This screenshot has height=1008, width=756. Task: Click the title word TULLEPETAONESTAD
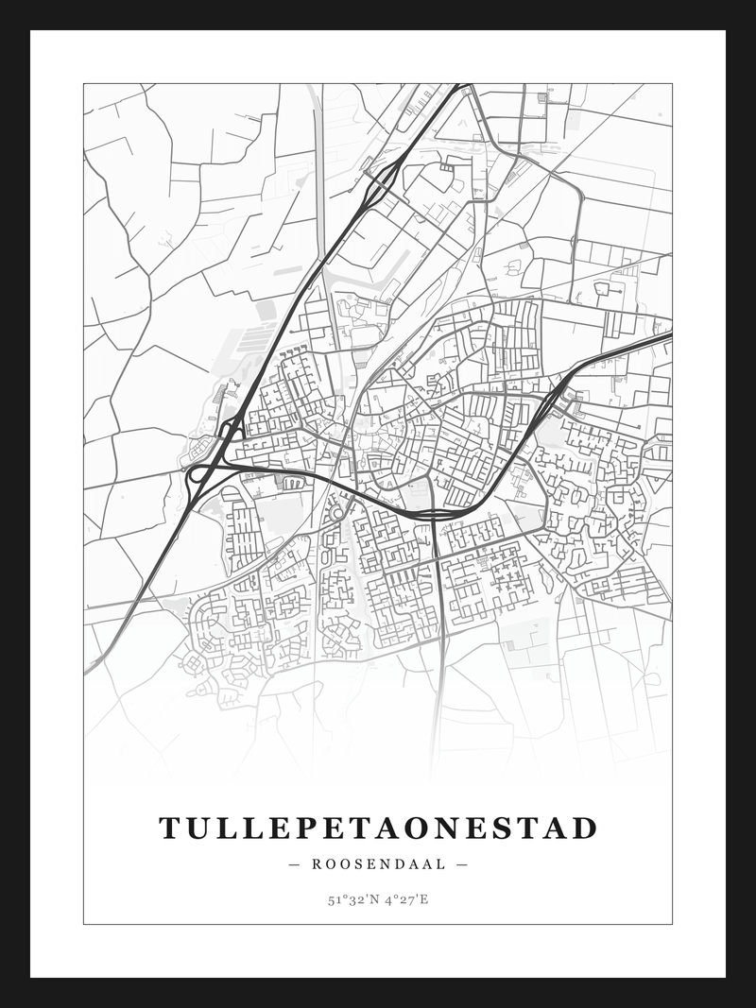tap(378, 829)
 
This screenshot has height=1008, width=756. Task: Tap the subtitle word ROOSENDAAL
tap(377, 863)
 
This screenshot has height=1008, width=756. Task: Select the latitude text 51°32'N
tap(352, 899)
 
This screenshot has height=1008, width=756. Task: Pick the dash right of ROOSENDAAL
tap(461, 863)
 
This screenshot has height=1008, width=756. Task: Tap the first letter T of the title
tap(169, 829)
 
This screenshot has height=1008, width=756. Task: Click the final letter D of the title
tap(585, 829)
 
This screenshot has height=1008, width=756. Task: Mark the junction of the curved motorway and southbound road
tap(433, 514)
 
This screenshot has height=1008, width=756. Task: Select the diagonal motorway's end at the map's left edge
tap(86, 672)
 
